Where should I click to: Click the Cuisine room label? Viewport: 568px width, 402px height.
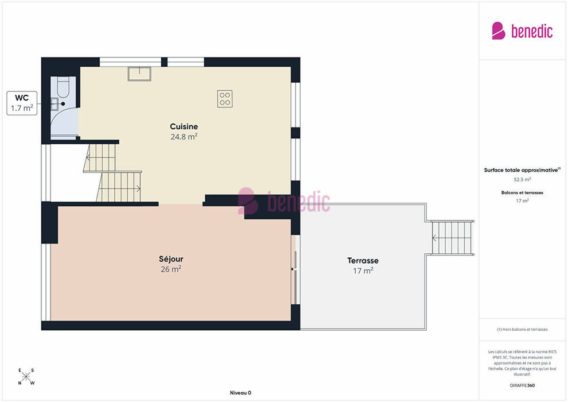click(184, 126)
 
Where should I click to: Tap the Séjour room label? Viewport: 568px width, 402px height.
click(171, 259)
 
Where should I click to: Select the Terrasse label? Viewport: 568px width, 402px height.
click(363, 261)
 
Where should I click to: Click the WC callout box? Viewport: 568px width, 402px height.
click(22, 103)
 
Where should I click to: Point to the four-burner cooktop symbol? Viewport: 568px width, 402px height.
click(225, 99)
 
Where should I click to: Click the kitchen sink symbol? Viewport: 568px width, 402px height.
click(139, 74)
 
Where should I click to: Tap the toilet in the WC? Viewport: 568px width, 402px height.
click(63, 87)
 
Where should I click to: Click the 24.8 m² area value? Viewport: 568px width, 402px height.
click(184, 137)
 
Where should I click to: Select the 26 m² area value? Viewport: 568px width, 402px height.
click(171, 269)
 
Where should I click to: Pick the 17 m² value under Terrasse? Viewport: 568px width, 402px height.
click(363, 271)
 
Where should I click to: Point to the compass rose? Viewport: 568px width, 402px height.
click(26, 377)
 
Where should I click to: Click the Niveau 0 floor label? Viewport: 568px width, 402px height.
click(240, 393)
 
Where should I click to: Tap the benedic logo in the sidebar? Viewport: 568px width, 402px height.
click(522, 31)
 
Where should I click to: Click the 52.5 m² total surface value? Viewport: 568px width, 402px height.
click(522, 179)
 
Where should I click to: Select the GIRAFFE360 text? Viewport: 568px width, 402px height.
click(522, 385)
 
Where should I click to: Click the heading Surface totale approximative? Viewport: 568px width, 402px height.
click(522, 170)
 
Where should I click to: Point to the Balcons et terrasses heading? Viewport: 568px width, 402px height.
click(522, 192)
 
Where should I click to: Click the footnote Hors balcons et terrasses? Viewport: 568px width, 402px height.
click(522, 330)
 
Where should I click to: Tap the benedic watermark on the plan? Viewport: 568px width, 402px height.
click(284, 201)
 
